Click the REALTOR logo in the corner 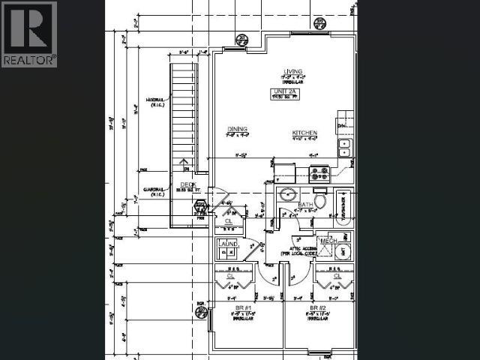29,34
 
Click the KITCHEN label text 304,133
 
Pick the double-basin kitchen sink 344,148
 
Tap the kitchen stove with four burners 319,174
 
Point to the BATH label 304,204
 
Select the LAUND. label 228,244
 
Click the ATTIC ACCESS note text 298,250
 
